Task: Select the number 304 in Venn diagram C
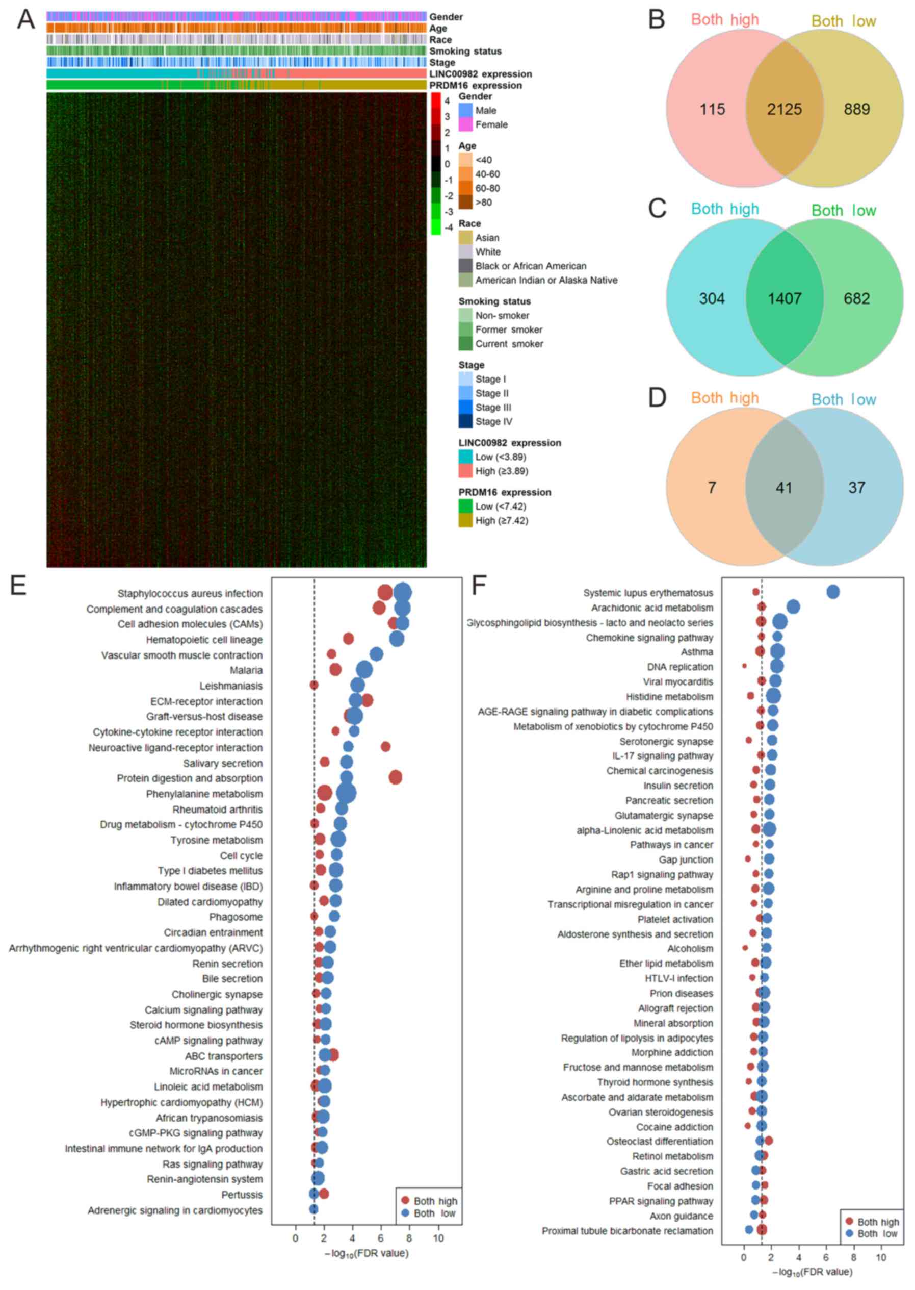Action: [712, 298]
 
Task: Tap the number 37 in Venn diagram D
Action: [856, 487]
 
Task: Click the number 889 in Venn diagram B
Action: [856, 109]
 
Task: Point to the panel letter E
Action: [18, 586]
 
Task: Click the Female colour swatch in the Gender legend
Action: [465, 124]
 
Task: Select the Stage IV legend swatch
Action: [465, 421]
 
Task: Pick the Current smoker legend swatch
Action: [465, 343]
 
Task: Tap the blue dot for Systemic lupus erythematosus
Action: [833, 591]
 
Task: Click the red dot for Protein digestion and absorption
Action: [396, 777]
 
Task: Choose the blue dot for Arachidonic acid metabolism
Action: [793, 606]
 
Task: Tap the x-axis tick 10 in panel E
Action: [438, 1238]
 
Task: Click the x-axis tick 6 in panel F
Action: [826, 1257]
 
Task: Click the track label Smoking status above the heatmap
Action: [465, 52]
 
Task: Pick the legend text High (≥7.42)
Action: [502, 520]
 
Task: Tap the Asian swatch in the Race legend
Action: [465, 237]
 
